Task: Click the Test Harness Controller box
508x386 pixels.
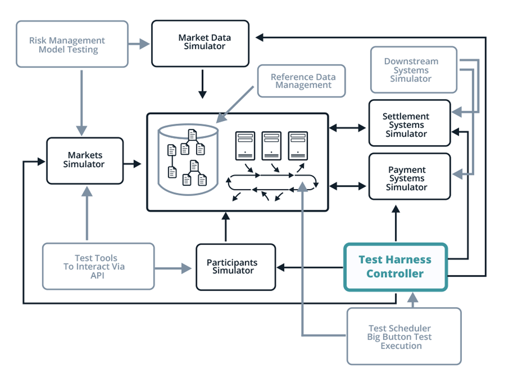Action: point(395,267)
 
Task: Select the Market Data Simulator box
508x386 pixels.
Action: point(200,43)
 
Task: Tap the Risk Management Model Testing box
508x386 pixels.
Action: point(72,44)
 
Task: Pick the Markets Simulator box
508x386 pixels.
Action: point(85,160)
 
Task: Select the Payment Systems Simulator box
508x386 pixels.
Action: point(409,177)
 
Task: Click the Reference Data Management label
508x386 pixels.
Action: point(303,81)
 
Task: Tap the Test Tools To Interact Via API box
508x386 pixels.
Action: point(98,266)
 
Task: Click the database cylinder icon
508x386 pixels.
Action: point(188,158)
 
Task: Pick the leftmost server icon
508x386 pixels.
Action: point(245,145)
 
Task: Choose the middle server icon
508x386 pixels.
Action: point(271,145)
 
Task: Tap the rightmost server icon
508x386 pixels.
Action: point(298,145)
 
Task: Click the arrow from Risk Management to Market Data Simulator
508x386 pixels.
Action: point(139,44)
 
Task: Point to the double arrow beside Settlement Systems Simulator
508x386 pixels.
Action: point(348,128)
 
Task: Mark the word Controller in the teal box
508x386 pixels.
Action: point(395,274)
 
